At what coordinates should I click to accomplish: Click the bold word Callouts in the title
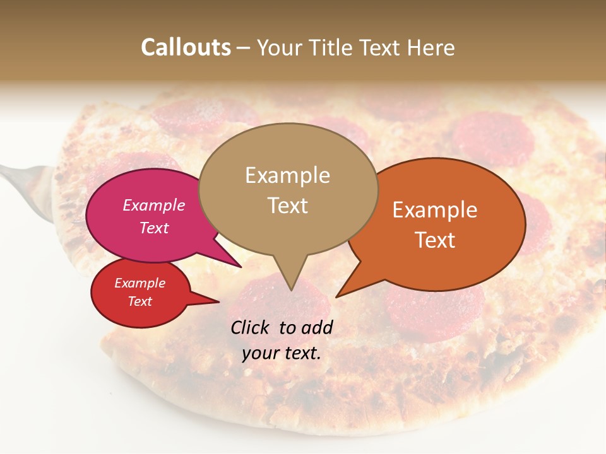click(x=186, y=47)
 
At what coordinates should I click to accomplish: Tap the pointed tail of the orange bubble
click(x=338, y=295)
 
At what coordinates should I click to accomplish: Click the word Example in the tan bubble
click(x=287, y=175)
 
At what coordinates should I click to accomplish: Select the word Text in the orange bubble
click(x=436, y=240)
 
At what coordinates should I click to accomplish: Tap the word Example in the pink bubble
click(x=153, y=205)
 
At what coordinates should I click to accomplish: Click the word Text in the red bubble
click(x=140, y=301)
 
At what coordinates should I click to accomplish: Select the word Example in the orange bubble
click(x=435, y=210)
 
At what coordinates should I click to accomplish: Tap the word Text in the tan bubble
click(x=287, y=206)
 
